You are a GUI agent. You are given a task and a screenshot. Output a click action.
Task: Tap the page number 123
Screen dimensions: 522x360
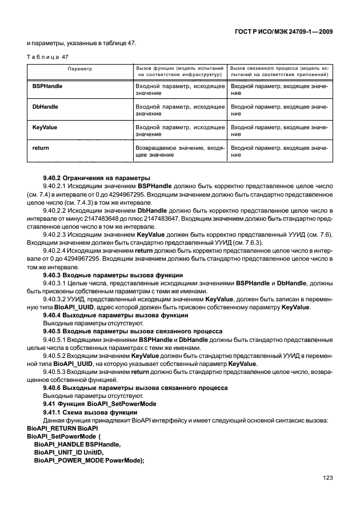click(x=327, y=478)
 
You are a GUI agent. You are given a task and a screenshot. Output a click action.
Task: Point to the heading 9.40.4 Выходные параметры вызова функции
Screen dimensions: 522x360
click(x=102, y=316)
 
